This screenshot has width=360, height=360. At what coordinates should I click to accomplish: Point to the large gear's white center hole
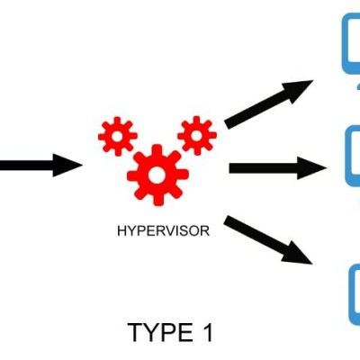(157, 175)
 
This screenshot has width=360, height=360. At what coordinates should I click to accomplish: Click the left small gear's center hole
(118, 136)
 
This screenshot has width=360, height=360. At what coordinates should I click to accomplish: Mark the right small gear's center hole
(197, 136)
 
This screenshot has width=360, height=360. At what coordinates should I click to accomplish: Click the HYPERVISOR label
(164, 231)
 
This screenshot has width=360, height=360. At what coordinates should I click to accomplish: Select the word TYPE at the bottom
(160, 332)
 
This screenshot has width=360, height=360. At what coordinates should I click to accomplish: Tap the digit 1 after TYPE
(207, 332)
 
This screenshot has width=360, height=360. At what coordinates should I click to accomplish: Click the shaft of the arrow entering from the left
(26, 165)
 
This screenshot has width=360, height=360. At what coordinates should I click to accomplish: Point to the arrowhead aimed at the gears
(67, 165)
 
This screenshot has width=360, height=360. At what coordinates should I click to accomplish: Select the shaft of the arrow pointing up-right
(258, 109)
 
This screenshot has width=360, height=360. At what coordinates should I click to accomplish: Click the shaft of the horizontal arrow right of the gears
(264, 168)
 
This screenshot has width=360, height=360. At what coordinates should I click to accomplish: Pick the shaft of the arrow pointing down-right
(255, 235)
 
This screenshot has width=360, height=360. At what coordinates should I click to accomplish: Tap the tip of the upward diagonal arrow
(313, 80)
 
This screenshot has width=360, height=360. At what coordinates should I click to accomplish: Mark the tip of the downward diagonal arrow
(312, 264)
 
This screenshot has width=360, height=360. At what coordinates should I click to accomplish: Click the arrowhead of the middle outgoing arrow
(312, 168)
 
